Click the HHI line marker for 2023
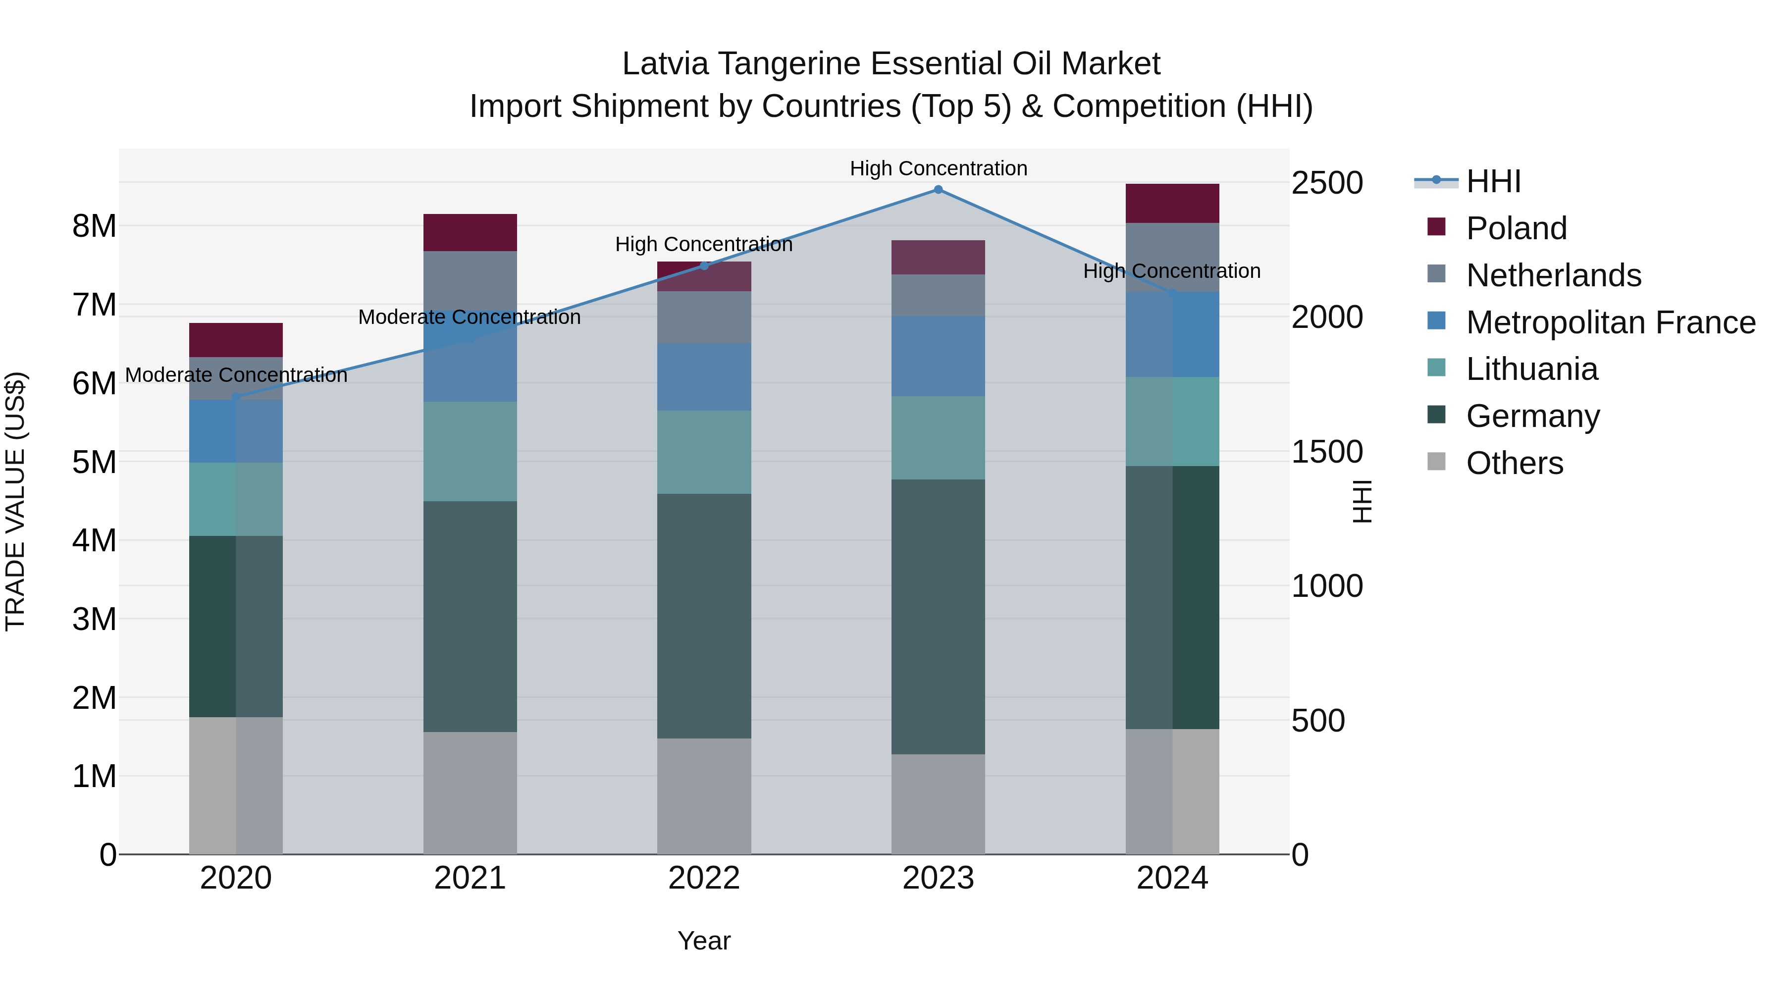point(938,190)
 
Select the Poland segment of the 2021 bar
point(470,233)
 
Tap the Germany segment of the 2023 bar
point(938,616)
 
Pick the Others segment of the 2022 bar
point(704,796)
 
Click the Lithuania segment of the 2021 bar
point(470,451)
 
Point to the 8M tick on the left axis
point(94,226)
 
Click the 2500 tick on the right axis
point(1327,183)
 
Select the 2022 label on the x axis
point(704,878)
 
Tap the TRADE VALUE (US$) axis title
point(15,501)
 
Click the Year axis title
point(704,941)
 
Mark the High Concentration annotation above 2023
point(938,168)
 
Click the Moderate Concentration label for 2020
point(236,375)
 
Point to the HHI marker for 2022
point(704,266)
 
